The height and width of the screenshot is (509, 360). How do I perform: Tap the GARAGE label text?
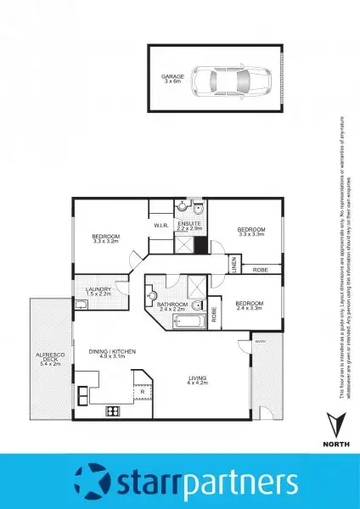173,78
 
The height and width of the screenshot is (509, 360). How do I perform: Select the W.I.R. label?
160,226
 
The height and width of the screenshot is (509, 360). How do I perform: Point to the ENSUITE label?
188,224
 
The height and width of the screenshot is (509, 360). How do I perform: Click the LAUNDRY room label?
98,290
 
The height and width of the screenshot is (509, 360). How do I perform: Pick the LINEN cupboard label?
233,266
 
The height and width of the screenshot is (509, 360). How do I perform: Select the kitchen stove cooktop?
111,411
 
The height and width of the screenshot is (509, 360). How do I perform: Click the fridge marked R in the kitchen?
143,392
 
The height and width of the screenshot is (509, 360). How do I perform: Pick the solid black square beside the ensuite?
200,246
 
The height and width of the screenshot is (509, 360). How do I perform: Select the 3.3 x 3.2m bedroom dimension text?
107,241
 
